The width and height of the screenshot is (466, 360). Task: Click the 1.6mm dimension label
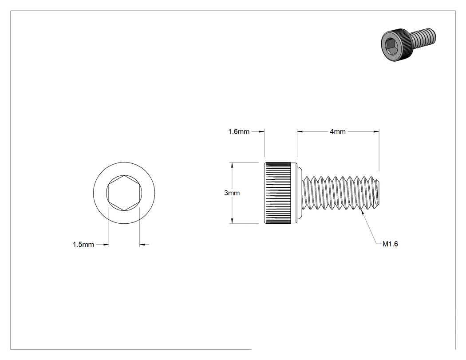pos(239,131)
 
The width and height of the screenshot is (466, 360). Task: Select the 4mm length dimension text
pos(338,131)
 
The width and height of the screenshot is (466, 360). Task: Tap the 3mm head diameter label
pos(232,193)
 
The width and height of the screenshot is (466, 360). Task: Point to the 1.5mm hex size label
pos(83,244)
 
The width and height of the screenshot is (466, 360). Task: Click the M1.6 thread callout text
pos(390,244)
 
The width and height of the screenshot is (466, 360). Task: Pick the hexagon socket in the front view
pos(124,193)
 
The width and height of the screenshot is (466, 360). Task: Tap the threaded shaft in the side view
pos(341,193)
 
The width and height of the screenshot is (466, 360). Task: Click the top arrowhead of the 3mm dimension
pos(232,165)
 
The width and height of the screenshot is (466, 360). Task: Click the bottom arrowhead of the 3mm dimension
pos(232,221)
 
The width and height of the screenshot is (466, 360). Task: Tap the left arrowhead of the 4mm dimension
pos(300,131)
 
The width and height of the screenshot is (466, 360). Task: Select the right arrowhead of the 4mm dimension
pos(376,131)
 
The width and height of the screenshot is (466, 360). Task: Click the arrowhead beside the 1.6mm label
pos(261,131)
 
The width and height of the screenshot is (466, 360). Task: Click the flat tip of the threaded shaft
pos(379,193)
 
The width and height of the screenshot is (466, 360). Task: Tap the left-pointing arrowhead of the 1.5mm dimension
pos(142,245)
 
